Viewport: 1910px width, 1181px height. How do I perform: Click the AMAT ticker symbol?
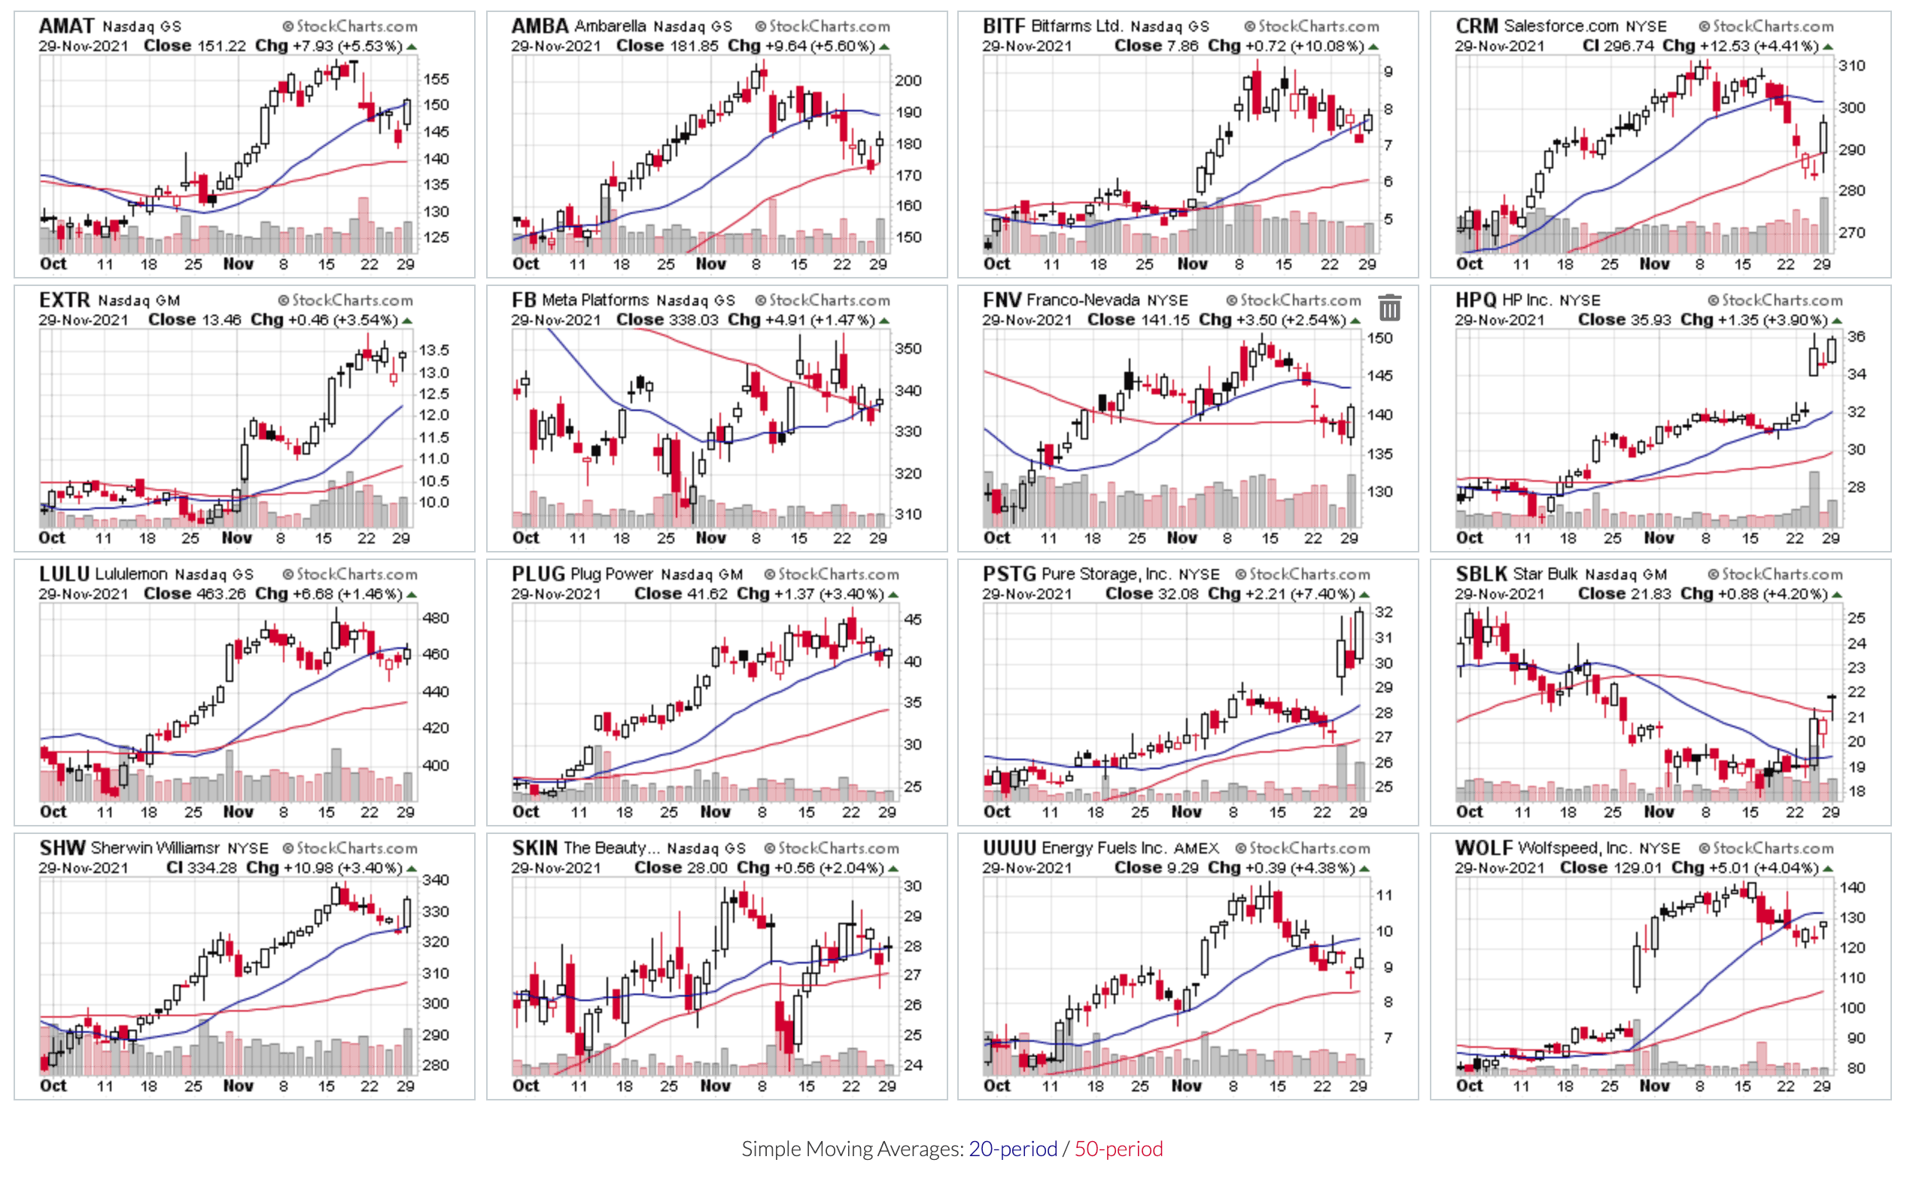click(x=66, y=26)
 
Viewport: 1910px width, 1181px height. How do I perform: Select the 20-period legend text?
click(x=1013, y=1148)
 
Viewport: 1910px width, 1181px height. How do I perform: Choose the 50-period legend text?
click(x=1118, y=1148)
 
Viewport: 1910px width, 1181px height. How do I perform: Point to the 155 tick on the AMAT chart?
click(x=436, y=79)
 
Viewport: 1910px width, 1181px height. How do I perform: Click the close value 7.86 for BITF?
click(x=1182, y=46)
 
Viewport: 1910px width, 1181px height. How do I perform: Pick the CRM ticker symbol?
click(x=1477, y=26)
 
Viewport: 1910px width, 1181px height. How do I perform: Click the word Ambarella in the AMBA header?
click(x=610, y=26)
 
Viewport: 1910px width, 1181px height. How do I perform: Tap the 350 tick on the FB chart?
click(x=908, y=349)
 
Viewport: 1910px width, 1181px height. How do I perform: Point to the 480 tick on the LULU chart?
click(x=436, y=618)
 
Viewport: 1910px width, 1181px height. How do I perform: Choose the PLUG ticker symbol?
click(x=538, y=574)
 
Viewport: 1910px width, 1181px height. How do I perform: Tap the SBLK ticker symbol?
click(x=1480, y=574)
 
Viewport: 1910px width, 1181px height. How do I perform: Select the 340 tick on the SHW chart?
click(x=436, y=880)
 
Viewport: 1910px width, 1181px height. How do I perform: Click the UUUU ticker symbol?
click(x=1009, y=848)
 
